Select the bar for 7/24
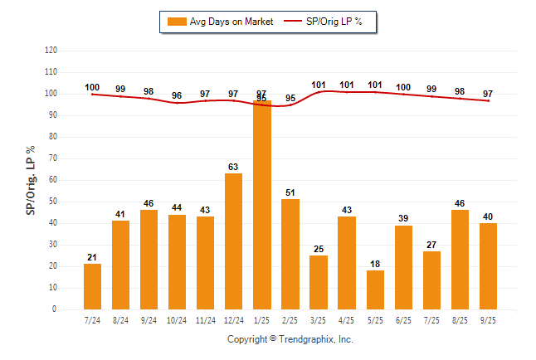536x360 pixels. [93, 286]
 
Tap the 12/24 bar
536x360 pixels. [234, 241]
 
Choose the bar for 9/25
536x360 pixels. [488, 266]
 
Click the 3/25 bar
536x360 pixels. [319, 282]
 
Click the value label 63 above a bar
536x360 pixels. [234, 167]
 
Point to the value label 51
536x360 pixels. [290, 192]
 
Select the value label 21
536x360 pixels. [93, 257]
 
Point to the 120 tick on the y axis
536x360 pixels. [51, 50]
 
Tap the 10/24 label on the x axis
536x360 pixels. [178, 319]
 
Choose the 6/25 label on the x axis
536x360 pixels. [403, 319]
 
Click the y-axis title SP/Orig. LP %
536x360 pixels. [32, 179]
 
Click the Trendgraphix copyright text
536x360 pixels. [290, 339]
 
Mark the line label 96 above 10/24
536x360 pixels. [178, 95]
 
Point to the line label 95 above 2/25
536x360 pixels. [290, 98]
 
